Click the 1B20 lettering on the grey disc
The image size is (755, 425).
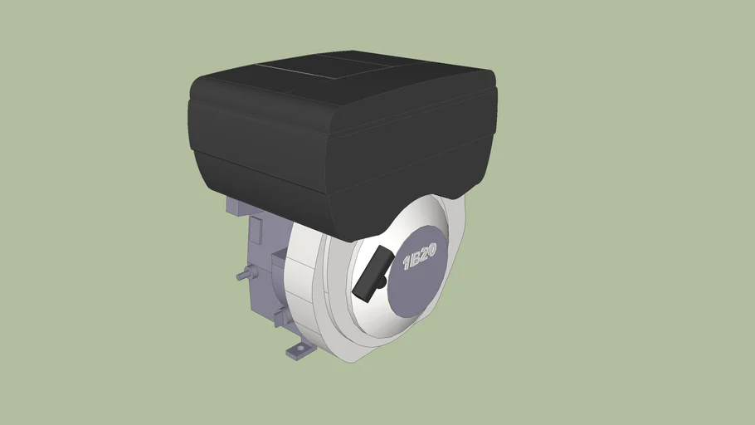420,256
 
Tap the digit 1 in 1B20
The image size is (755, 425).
407,263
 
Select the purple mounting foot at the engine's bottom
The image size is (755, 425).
300,351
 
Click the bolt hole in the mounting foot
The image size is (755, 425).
301,347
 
